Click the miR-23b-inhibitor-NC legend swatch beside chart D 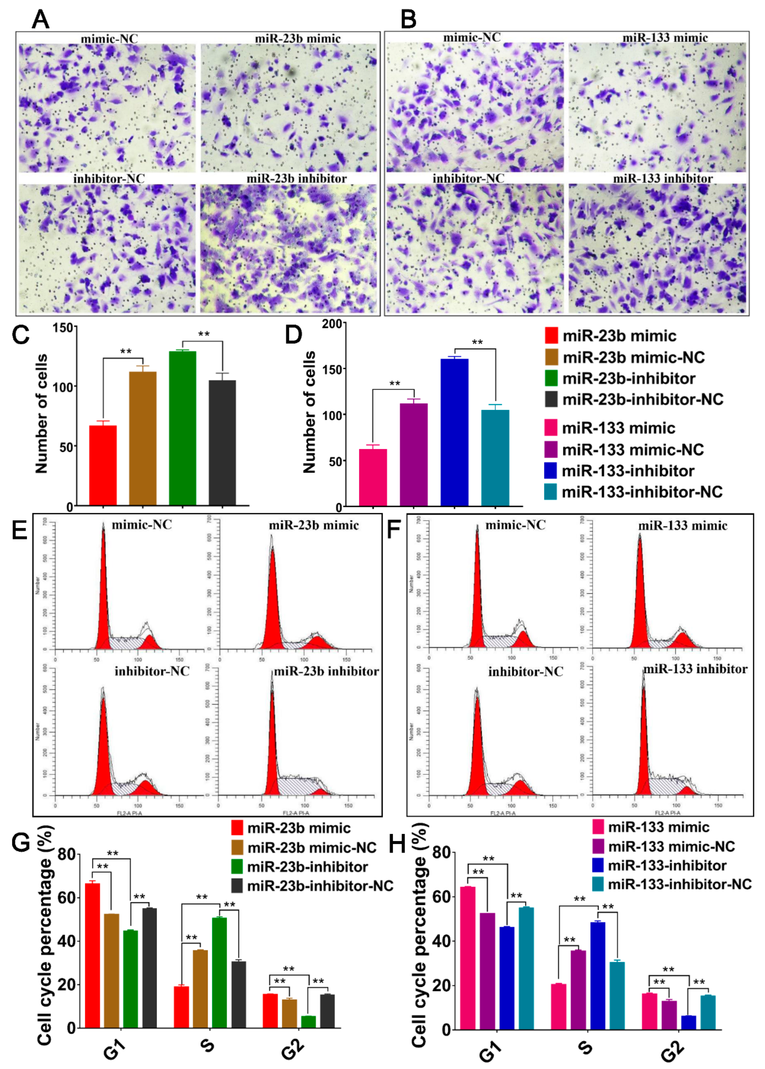(x=551, y=399)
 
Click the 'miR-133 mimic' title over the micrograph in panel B (x=665, y=38)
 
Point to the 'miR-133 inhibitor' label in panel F (x=695, y=669)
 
